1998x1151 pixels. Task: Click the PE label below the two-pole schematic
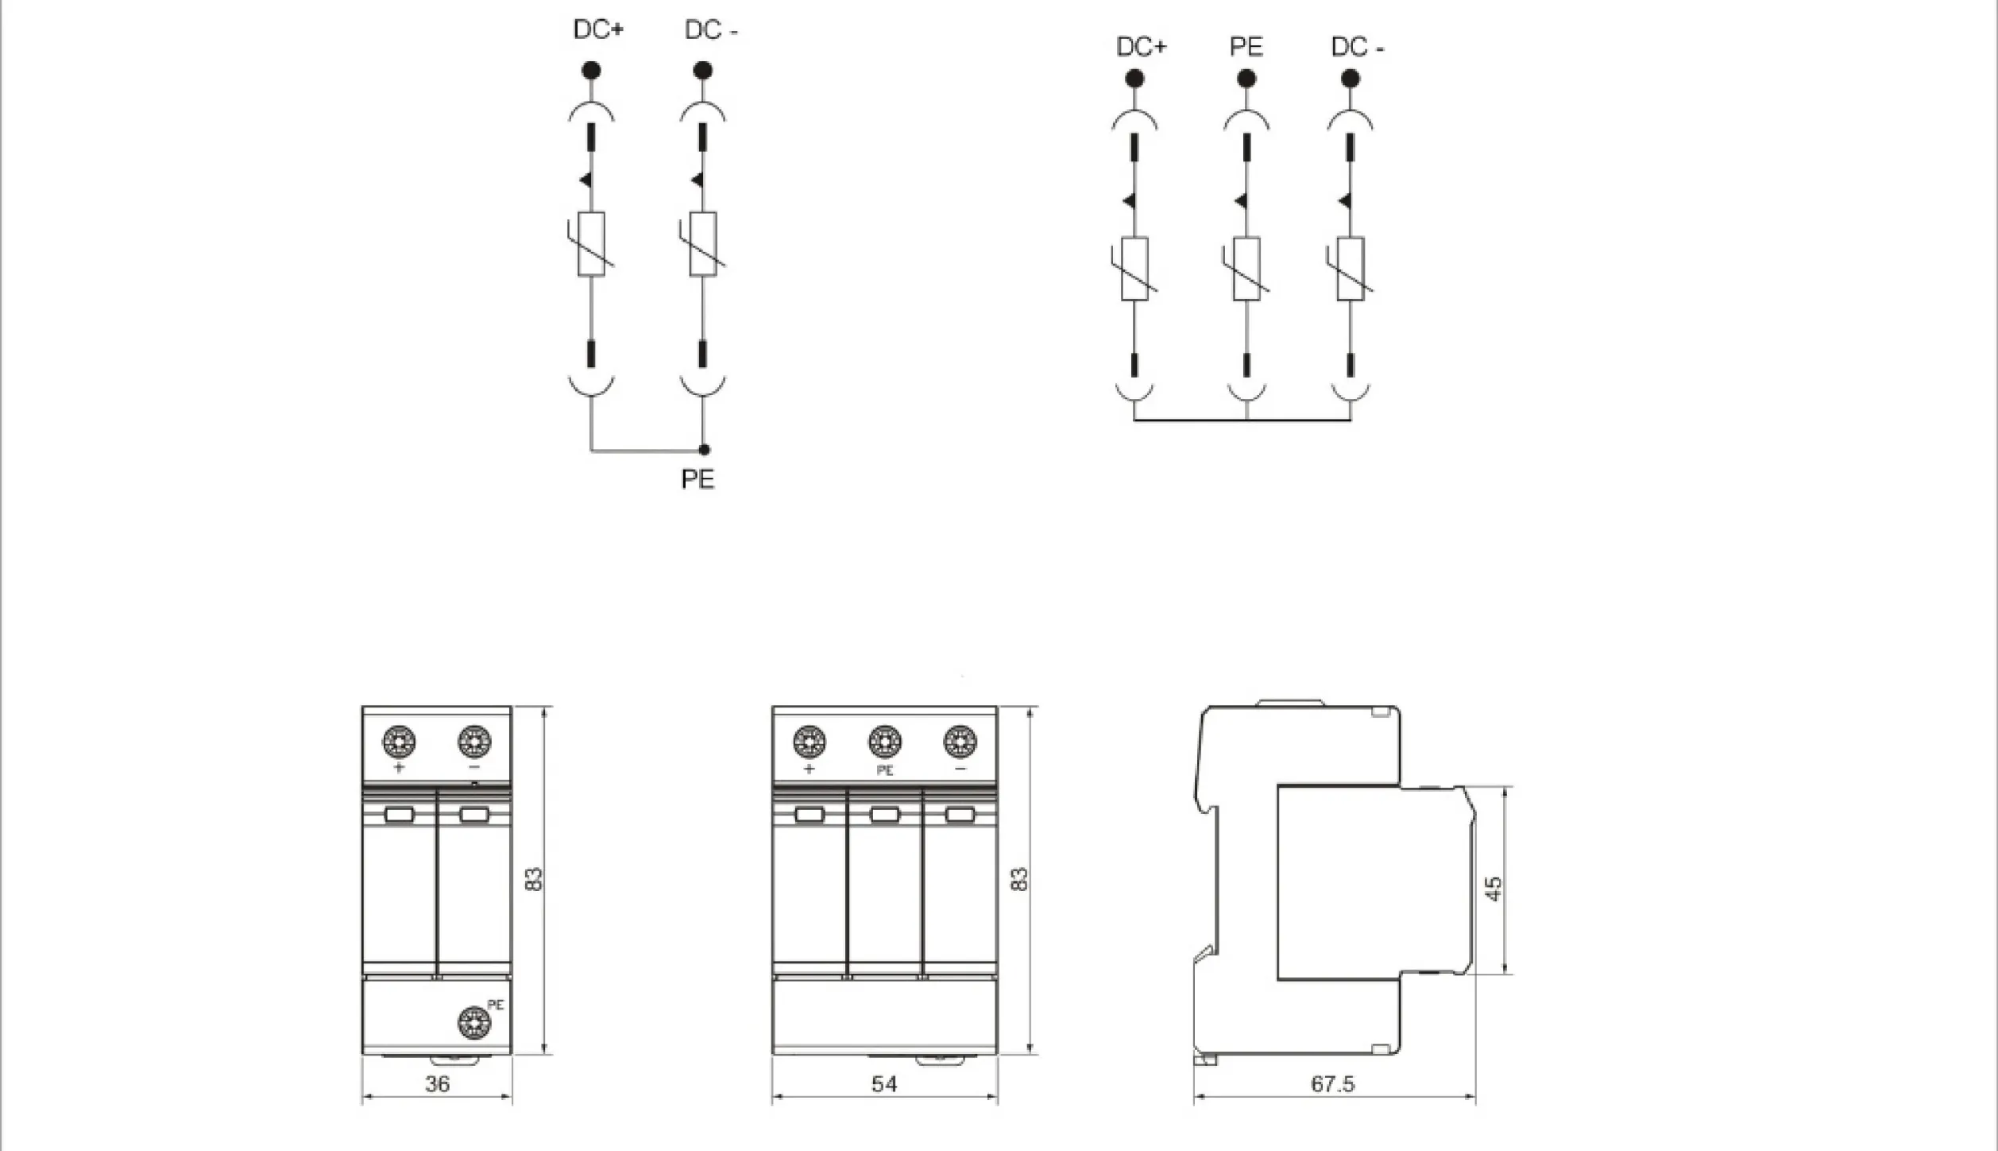tap(698, 479)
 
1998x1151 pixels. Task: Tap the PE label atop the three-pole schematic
tap(1246, 47)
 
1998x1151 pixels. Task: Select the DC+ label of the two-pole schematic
tap(598, 29)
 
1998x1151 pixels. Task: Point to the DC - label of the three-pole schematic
tap(1357, 47)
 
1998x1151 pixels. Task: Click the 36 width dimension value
tap(437, 1083)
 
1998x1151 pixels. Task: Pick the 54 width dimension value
tap(883, 1083)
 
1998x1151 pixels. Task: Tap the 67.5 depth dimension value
tap(1332, 1083)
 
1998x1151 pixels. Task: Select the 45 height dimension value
tap(1494, 888)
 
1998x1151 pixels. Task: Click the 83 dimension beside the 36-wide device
tap(534, 878)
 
